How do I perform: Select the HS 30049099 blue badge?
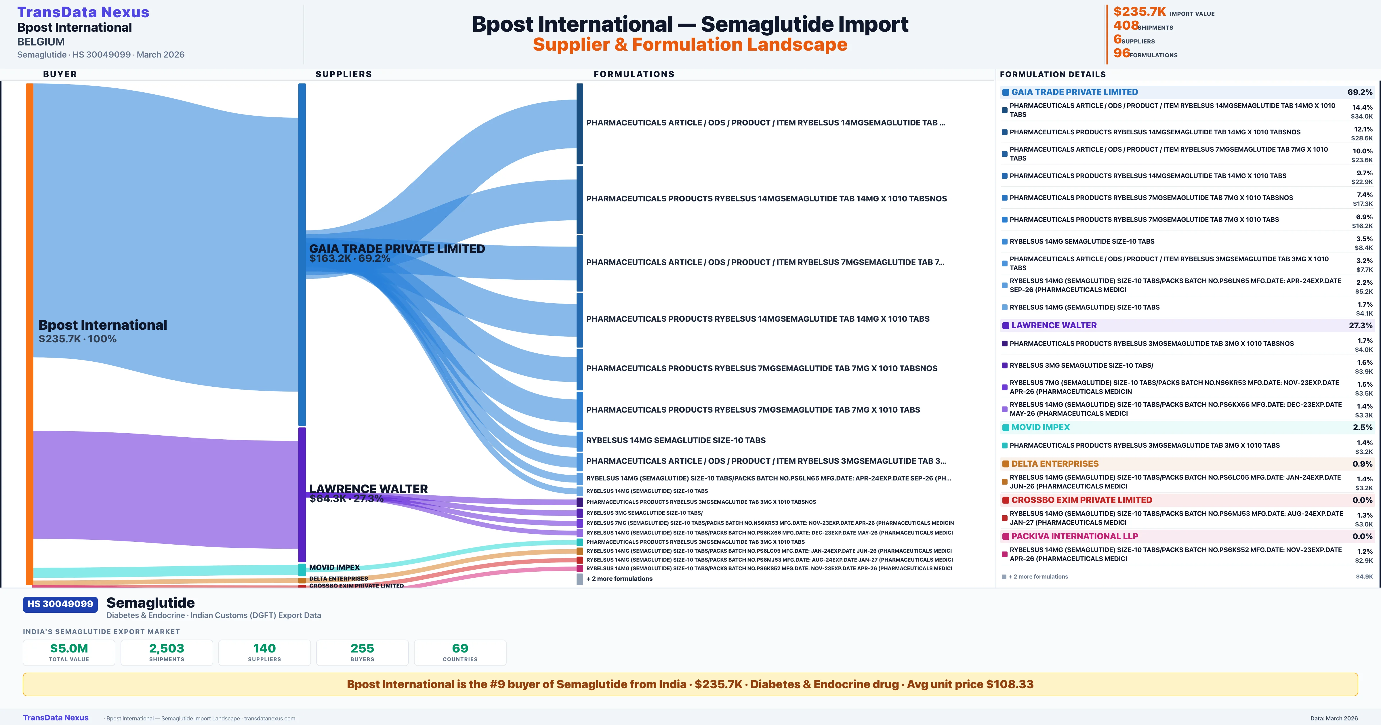60,604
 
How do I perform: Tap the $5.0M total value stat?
69,648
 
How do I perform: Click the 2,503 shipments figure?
167,648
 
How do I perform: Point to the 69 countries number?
460,648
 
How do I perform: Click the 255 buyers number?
363,648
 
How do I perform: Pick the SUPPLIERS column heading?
344,74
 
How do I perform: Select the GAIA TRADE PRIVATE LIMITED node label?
397,249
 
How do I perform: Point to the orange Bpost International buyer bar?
29,333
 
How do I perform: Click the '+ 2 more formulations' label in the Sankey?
619,579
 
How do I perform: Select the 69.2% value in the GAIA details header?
1359,92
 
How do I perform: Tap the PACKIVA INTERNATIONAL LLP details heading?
1074,536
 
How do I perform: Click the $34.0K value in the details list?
1362,116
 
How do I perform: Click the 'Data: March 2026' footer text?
1334,718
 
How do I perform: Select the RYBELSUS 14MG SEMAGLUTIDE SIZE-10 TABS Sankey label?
676,440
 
